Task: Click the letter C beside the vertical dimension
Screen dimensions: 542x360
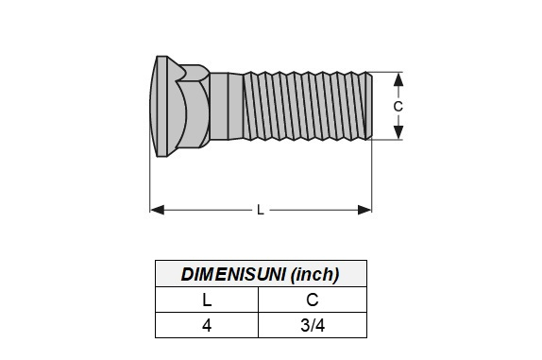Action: tap(398, 106)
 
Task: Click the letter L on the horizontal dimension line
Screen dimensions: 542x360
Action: tap(261, 210)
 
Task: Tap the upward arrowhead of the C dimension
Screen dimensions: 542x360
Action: tap(398, 79)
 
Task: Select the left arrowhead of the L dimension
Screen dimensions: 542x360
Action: tap(158, 210)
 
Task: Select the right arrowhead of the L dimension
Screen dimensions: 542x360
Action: tap(364, 210)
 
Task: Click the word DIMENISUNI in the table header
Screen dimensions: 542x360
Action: tap(233, 275)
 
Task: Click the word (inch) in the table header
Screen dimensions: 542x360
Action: tap(314, 275)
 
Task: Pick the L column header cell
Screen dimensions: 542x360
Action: tap(207, 300)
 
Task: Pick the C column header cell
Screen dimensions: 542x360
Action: tap(313, 300)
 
